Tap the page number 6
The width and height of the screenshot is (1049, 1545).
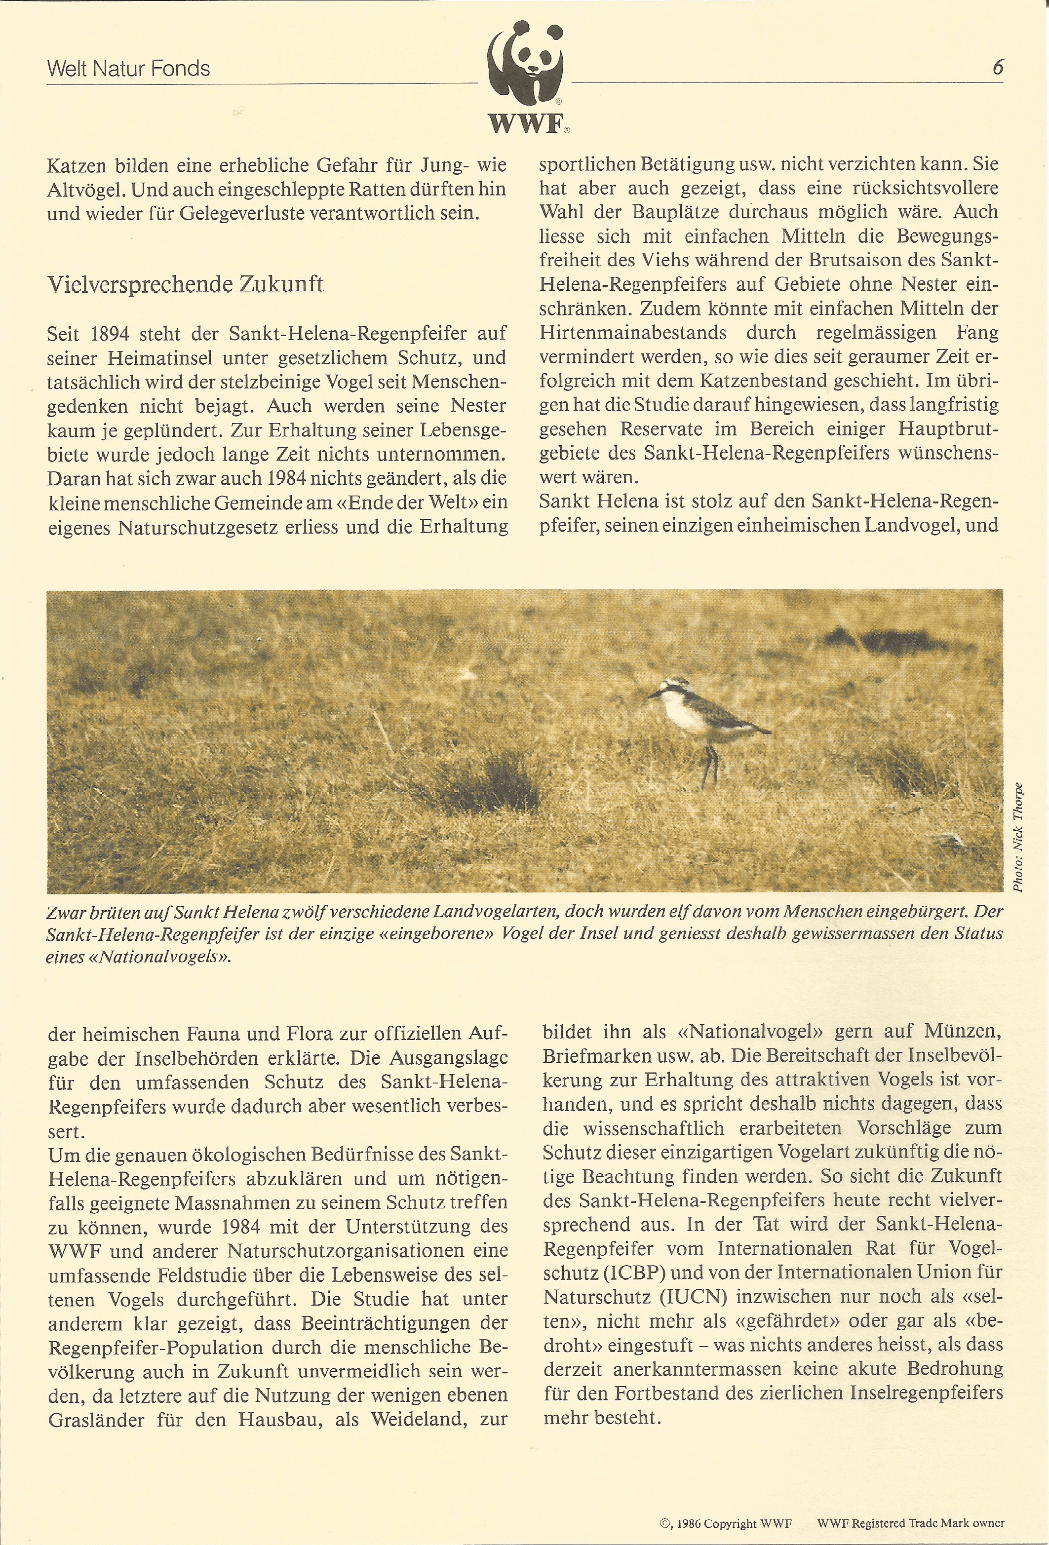coord(997,67)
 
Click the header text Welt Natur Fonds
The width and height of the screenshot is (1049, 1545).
coord(128,69)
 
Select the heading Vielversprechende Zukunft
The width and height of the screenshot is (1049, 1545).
coord(185,284)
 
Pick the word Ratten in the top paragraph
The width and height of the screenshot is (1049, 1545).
coord(367,190)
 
